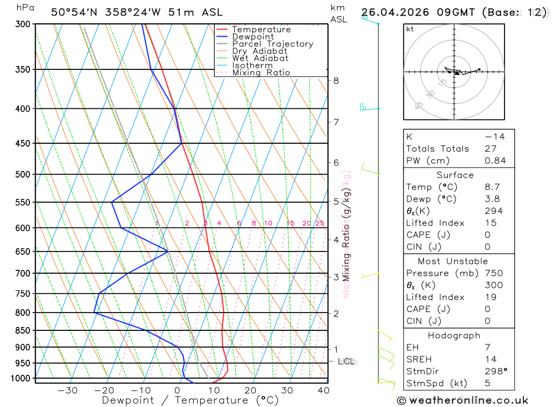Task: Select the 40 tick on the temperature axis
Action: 323,390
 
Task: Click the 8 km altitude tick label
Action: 336,81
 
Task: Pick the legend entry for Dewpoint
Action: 253,37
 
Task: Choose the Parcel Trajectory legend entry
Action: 273,44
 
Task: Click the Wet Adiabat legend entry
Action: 260,58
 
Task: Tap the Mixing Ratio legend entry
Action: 261,73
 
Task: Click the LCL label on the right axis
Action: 346,362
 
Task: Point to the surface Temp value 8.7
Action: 492,187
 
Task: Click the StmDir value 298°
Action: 495,371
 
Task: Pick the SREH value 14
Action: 490,359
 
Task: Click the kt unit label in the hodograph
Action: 410,29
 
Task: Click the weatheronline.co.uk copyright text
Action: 462,400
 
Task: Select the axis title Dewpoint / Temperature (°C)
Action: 190,400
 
